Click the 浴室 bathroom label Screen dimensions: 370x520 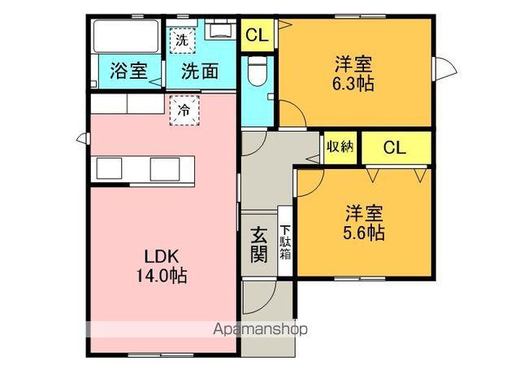(x=128, y=70)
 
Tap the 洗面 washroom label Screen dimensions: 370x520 (x=199, y=71)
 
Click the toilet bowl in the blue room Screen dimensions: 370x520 (x=256, y=72)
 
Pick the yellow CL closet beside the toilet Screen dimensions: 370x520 (x=256, y=35)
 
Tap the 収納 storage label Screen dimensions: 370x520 (x=340, y=147)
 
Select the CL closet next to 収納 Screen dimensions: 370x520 (x=394, y=148)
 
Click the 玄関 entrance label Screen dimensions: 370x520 (x=259, y=244)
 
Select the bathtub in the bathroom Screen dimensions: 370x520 (x=126, y=37)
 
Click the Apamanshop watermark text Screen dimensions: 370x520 (x=260, y=330)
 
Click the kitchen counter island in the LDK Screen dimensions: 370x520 (x=144, y=168)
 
